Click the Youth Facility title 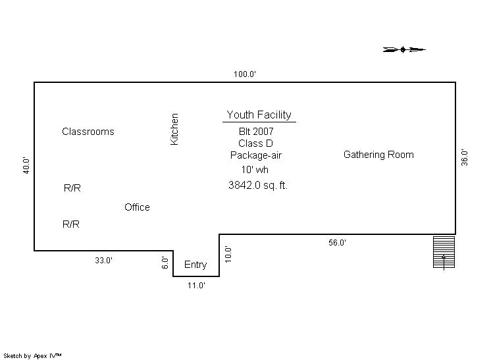coord(259,115)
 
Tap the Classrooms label coord(88,132)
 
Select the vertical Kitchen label coord(174,129)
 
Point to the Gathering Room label coord(378,155)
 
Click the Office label coord(137,207)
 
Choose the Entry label coord(195,265)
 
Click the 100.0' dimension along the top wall coord(245,74)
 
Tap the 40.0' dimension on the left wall coord(26,166)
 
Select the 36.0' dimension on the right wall coord(465,158)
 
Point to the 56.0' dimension coord(337,243)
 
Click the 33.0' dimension coord(103,261)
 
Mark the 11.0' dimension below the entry coord(196,286)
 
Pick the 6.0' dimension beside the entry coord(165,263)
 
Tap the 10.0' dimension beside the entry coord(228,254)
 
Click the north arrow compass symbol coord(404,49)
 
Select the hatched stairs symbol coord(444,252)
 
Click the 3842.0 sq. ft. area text coord(258,186)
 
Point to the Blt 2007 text coord(256,132)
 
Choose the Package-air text coord(256,155)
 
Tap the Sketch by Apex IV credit coord(32,356)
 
